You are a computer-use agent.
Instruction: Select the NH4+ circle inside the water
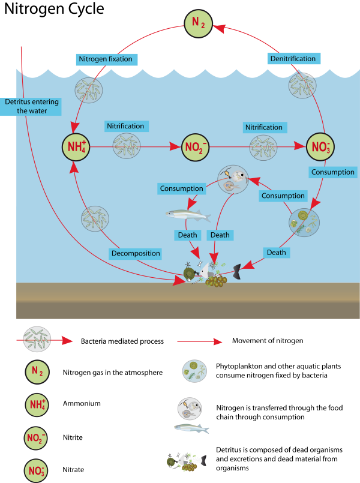coord(76,146)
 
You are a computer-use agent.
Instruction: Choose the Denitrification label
coord(293,58)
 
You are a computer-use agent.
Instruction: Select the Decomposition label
coord(136,253)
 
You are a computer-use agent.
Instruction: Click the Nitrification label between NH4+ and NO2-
coord(125,126)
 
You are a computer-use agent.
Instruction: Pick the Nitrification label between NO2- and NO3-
coord(263,127)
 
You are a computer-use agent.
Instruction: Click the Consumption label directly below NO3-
coord(332,172)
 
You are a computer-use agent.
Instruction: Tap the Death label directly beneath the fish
coord(187,235)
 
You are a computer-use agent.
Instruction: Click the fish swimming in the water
coord(188,214)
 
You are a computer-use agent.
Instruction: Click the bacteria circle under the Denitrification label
coord(302,86)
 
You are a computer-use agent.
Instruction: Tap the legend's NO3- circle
coord(37,469)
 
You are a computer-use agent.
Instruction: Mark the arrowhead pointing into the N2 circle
coord(219,28)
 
